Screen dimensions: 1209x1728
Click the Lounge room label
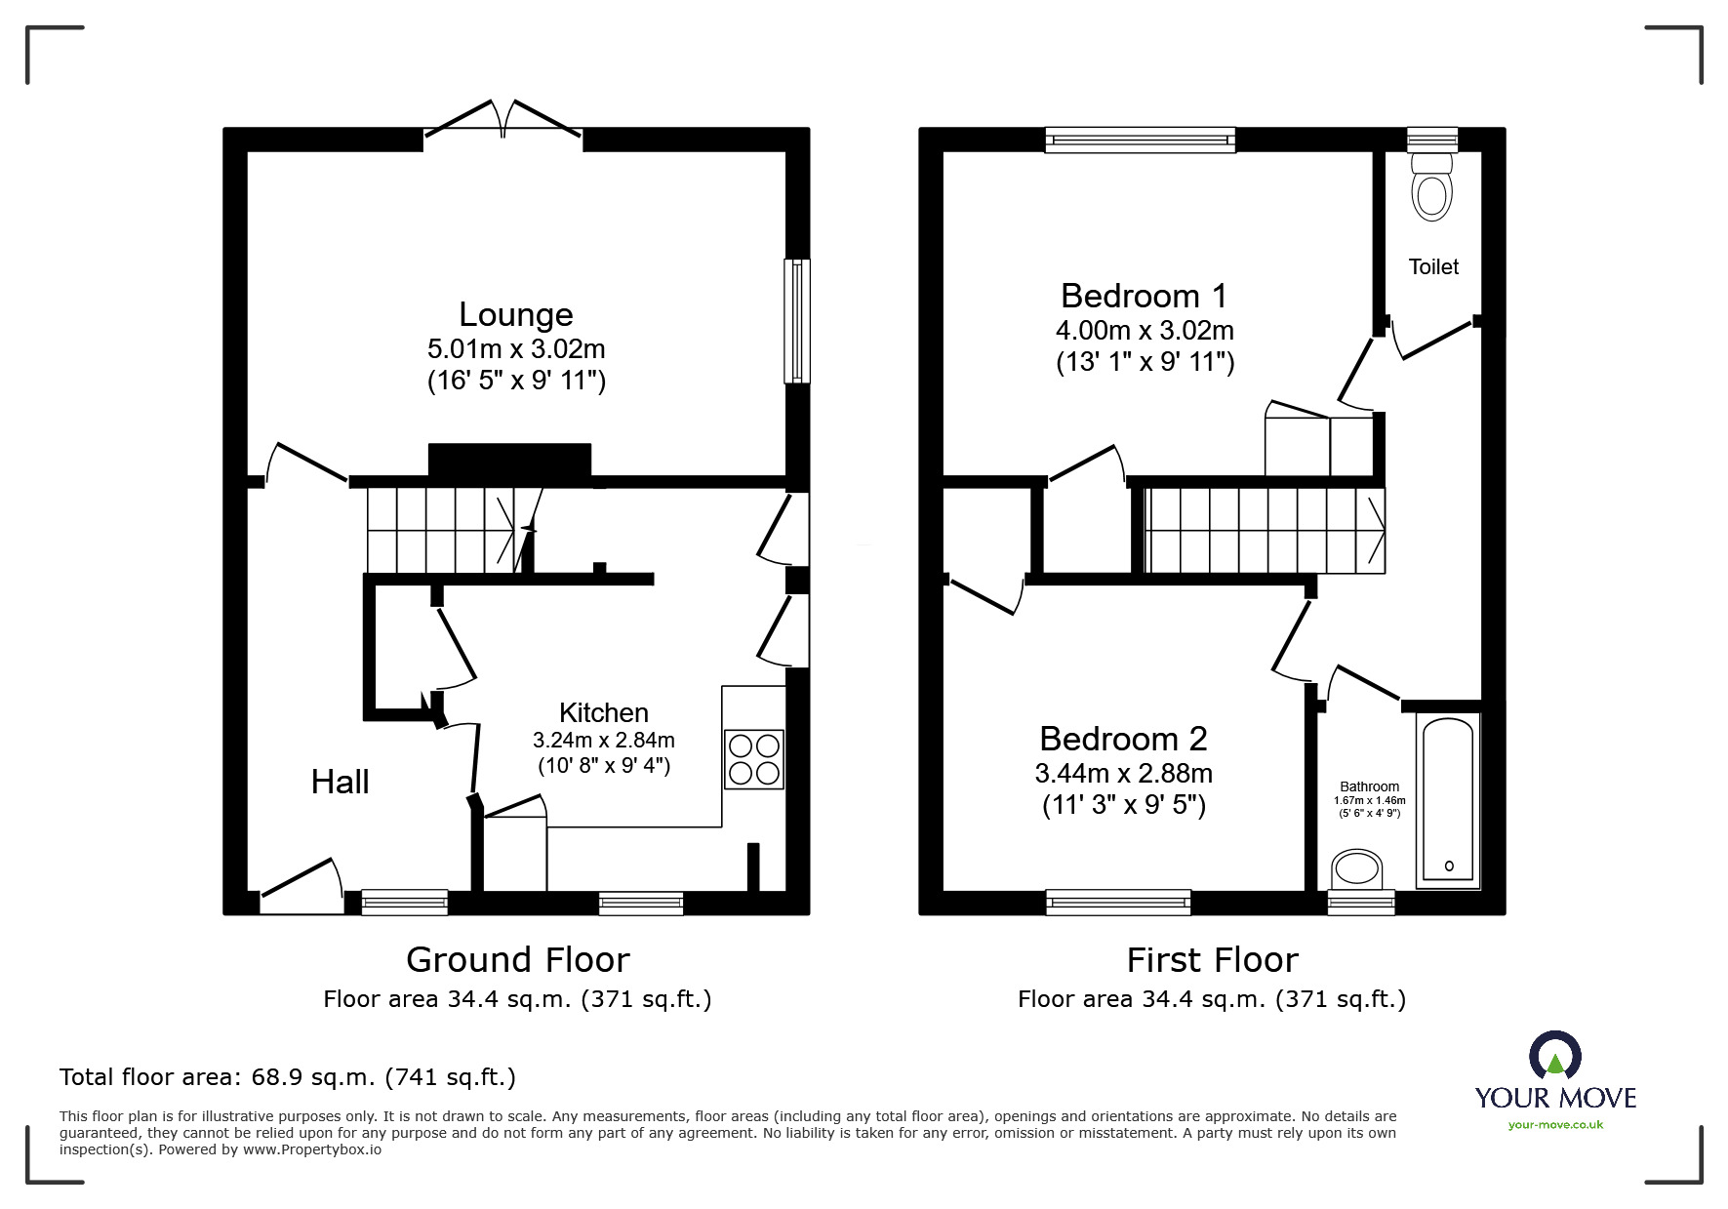(516, 314)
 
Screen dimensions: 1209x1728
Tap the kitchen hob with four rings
(754, 759)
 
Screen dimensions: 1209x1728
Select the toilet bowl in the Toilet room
(1431, 193)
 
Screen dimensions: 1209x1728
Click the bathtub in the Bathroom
(1448, 799)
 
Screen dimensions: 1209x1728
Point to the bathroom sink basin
(1357, 867)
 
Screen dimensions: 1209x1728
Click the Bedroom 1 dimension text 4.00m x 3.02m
(1145, 330)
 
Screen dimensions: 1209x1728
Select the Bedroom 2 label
(1123, 739)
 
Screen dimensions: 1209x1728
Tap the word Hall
(340, 782)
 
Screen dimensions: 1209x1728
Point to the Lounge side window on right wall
(797, 321)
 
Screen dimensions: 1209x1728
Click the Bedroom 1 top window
(1140, 141)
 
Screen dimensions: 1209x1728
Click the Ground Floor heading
(517, 960)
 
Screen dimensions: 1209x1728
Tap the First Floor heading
(1212, 960)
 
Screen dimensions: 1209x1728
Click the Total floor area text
(288, 1077)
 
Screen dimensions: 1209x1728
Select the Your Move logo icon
(1554, 1058)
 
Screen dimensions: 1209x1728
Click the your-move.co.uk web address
(1555, 1125)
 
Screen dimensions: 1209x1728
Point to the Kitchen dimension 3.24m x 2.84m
(604, 740)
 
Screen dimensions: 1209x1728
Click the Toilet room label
(1433, 266)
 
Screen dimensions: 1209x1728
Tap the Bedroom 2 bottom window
(1118, 903)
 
